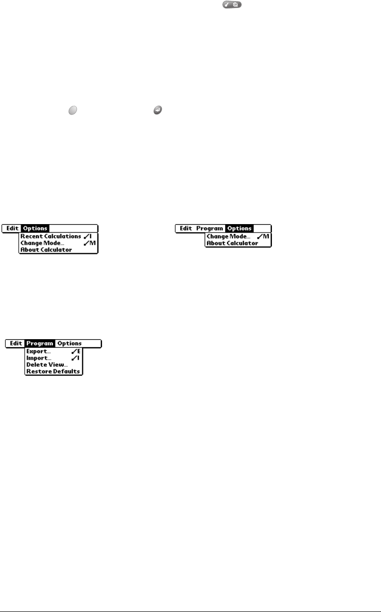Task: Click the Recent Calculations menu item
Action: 50,236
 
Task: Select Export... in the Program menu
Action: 39,352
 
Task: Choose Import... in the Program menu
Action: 39,358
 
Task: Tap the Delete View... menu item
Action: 47,365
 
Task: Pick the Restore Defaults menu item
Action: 53,371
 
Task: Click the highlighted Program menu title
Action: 40,344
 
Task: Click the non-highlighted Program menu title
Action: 210,228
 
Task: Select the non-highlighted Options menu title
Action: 69,344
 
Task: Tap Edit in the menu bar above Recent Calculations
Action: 13,228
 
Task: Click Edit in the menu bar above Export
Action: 16,344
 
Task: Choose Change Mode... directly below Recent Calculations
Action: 42,243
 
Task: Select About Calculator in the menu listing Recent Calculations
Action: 46,250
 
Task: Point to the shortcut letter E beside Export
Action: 78,352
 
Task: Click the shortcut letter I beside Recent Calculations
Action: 90,236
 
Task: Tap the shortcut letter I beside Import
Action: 78,358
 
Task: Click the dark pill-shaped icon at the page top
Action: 228,4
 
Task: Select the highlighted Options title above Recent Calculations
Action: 35,228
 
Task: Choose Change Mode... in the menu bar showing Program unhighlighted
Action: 229,236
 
